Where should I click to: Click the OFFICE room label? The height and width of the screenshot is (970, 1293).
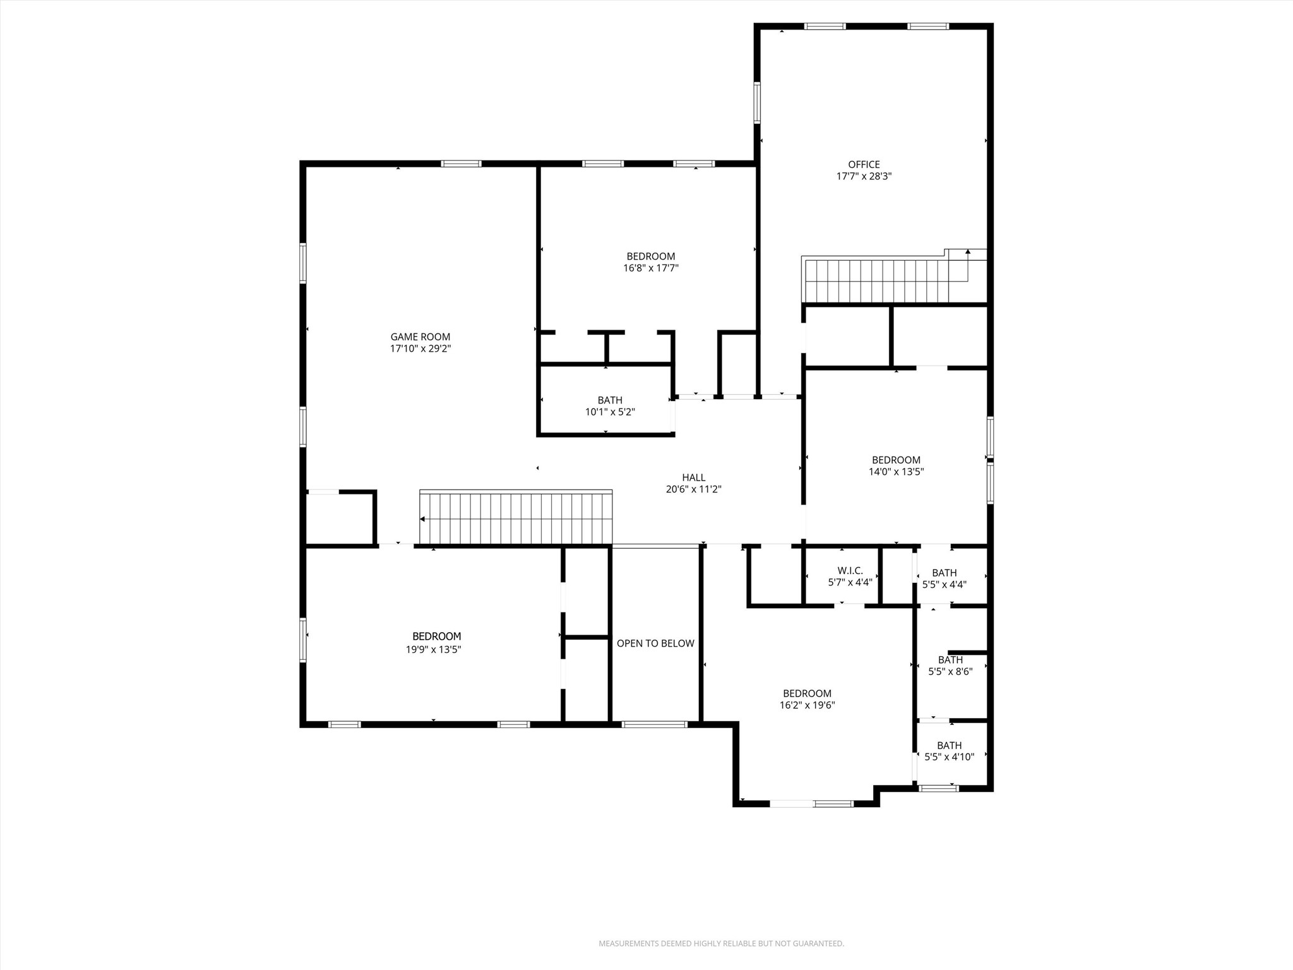pos(864,165)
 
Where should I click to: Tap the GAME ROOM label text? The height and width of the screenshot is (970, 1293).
pos(420,337)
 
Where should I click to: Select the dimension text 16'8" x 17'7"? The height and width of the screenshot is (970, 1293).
pos(650,268)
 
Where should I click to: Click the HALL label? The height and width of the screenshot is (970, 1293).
pos(693,478)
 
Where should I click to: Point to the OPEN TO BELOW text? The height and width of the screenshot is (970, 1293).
pos(655,644)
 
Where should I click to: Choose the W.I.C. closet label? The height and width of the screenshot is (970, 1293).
pos(850,571)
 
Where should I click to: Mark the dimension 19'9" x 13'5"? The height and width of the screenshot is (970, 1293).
pos(433,649)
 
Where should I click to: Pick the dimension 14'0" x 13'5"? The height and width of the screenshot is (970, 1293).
pos(896,472)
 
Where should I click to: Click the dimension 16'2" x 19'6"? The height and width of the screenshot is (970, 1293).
pos(807,705)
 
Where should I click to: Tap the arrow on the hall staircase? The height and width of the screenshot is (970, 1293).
pos(422,519)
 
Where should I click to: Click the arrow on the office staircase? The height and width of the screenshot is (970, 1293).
pos(968,252)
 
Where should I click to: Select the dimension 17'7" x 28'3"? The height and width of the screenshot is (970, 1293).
pos(864,177)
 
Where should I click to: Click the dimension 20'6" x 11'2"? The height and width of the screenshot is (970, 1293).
pos(693,489)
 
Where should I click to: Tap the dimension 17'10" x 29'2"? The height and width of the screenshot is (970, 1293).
pos(420,349)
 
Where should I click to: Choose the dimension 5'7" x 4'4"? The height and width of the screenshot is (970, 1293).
pos(850,583)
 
